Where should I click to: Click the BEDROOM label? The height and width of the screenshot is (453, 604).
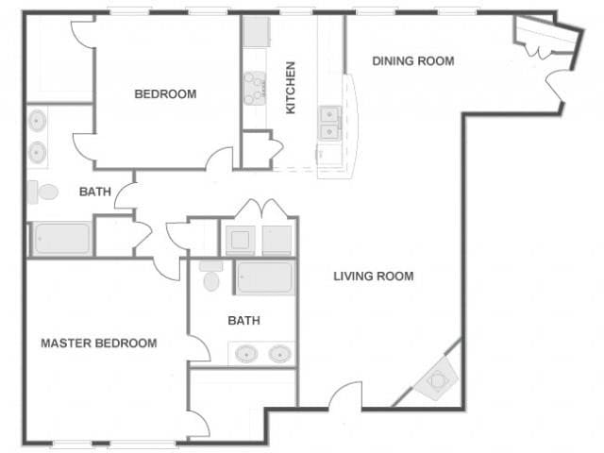tap(165, 93)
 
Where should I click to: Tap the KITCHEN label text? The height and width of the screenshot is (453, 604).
tap(291, 88)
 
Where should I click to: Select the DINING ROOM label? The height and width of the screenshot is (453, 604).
tap(412, 61)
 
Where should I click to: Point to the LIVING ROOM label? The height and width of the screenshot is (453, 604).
tap(374, 277)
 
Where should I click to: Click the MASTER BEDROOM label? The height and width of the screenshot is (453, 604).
tap(98, 343)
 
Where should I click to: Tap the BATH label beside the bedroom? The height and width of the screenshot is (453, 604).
tap(94, 192)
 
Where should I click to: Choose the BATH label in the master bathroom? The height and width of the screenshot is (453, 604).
tap(243, 321)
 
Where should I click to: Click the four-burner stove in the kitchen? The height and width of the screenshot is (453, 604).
tap(255, 87)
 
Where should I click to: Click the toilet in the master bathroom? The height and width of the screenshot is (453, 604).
tap(210, 277)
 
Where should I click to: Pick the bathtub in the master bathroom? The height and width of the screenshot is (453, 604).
tap(265, 277)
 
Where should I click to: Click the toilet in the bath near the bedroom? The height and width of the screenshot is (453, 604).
tap(43, 193)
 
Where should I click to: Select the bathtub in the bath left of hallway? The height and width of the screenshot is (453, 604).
tap(62, 239)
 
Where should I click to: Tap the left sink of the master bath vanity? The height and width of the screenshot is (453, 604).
tap(247, 354)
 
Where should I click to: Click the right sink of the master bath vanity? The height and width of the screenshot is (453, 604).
tap(280, 354)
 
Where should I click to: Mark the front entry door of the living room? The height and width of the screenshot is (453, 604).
tap(347, 396)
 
